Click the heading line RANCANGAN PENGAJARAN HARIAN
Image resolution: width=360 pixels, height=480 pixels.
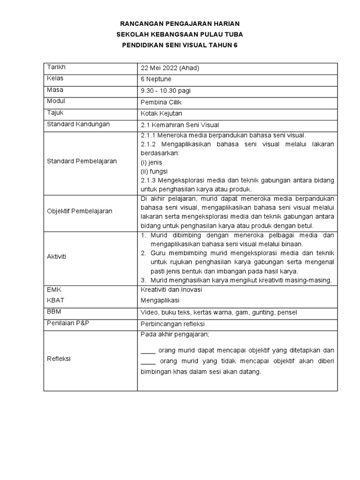point(180,23)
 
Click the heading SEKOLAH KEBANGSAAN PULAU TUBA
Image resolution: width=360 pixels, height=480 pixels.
point(180,34)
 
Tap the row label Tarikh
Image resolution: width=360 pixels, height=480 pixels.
point(55,67)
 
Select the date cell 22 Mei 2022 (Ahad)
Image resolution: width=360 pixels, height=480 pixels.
point(170,68)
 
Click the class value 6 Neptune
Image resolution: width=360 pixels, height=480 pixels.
point(156,79)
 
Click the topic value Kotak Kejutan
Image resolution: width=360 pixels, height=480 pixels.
point(162,113)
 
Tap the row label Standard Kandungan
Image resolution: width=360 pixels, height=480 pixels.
point(78,124)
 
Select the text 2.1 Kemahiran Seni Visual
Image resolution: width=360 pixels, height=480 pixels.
point(180,125)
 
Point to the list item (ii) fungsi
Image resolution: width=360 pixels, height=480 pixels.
point(154,171)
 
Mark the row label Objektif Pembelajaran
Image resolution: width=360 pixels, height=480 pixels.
point(80,211)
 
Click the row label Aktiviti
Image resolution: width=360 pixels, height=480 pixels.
point(57,256)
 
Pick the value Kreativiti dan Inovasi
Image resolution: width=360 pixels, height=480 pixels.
point(172,290)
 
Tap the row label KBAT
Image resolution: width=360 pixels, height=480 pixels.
point(55,300)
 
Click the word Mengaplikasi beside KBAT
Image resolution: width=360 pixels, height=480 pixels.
point(160,300)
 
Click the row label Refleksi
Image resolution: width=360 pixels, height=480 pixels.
point(59,359)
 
